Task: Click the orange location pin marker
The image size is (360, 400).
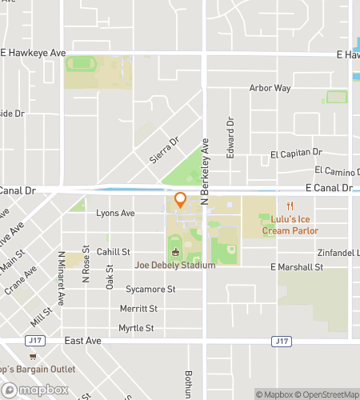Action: tap(180, 200)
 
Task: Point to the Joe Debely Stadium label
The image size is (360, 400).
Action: tap(175, 265)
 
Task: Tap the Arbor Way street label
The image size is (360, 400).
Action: tap(270, 88)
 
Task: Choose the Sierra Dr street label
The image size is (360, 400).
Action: tap(165, 150)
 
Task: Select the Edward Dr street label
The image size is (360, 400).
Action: tap(230, 138)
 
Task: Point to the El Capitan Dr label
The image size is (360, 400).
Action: tap(295, 153)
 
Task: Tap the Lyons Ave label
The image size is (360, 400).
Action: tap(115, 214)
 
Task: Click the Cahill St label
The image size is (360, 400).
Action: tap(113, 252)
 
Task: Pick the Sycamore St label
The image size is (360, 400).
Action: tap(150, 289)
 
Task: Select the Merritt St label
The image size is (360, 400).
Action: tap(138, 308)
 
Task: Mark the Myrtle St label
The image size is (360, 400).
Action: tap(136, 328)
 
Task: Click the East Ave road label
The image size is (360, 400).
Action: tap(83, 341)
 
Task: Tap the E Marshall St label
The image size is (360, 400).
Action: tap(296, 266)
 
